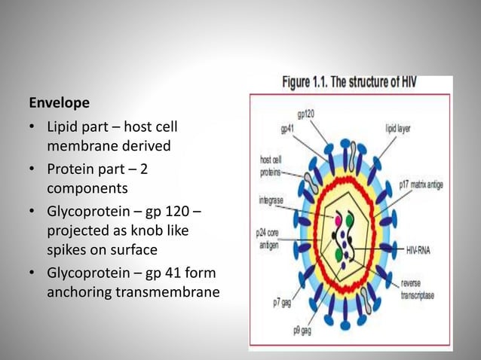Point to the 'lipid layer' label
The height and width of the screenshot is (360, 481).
click(399, 128)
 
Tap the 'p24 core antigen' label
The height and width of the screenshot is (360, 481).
click(268, 239)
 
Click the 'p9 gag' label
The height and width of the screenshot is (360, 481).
click(304, 330)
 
